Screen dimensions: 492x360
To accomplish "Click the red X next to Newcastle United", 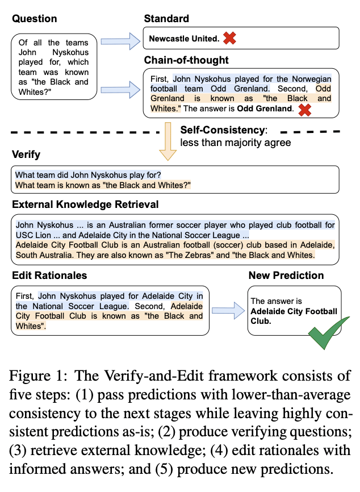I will tap(229, 39).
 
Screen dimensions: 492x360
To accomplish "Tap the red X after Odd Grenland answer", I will tap(304, 109).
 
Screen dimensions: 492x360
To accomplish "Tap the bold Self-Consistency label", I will tap(222, 130).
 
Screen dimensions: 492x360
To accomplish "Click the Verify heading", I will tap(26, 155).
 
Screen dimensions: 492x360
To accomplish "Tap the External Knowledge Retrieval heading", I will tap(85, 205).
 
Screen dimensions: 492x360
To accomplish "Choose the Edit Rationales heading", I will tap(49, 276).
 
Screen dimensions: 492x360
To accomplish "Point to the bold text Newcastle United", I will tap(183, 39).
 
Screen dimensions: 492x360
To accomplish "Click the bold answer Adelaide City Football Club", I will tap(294, 316).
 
